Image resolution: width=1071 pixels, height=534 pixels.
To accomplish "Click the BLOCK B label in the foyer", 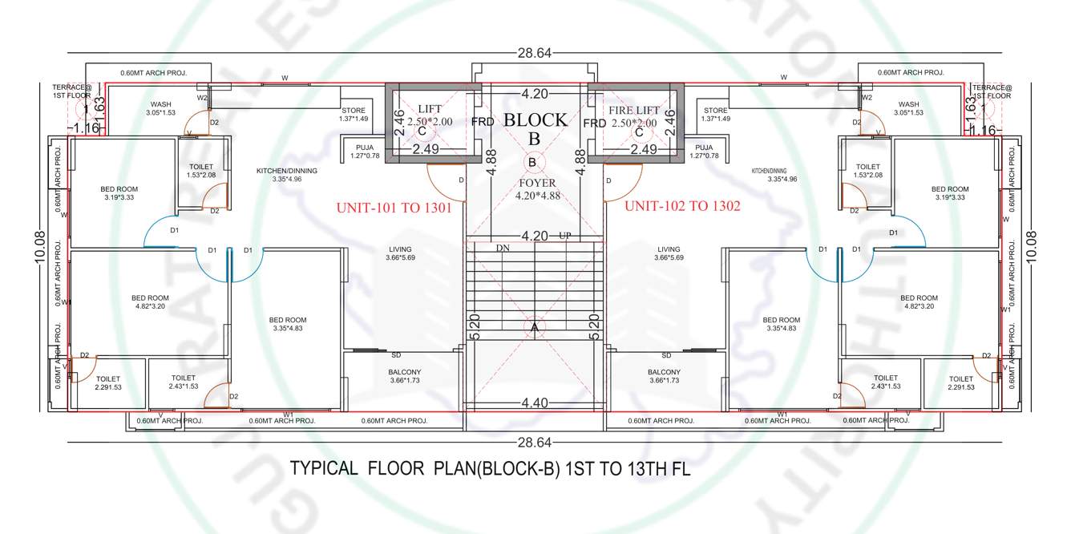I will [x=535, y=128].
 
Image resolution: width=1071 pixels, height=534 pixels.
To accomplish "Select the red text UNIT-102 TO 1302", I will [x=682, y=206].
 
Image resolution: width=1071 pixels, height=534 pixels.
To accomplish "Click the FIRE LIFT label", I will [x=634, y=110].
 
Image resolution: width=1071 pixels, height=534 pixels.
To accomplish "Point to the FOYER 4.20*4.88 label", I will [x=536, y=189].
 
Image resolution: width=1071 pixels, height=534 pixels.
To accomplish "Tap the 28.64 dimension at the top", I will [x=535, y=54].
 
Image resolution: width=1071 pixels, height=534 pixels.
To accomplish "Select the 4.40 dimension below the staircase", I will [x=535, y=403].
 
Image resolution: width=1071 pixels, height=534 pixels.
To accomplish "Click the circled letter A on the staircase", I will [x=535, y=327].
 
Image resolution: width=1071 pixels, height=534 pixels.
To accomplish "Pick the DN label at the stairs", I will [x=503, y=249].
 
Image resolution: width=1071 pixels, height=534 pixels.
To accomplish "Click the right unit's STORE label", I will [x=715, y=111].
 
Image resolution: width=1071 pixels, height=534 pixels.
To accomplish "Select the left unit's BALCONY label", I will [x=405, y=372].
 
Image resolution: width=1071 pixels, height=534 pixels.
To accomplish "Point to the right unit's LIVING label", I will [x=668, y=249].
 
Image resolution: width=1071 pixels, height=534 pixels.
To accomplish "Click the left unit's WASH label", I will [x=161, y=104].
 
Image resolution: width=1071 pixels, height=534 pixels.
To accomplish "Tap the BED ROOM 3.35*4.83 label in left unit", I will [x=289, y=320].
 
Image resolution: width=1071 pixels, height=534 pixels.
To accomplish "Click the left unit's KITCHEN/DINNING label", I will [x=286, y=171].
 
